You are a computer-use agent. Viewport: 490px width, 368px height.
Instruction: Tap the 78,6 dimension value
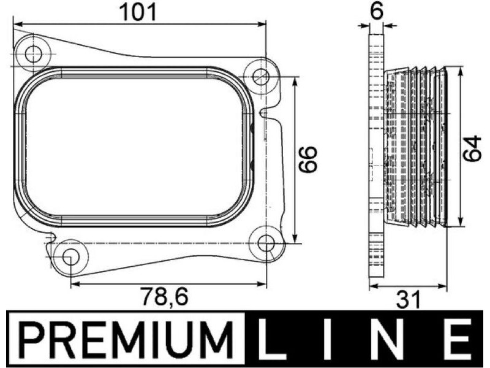click(165, 296)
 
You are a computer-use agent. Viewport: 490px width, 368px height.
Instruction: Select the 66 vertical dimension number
click(307, 159)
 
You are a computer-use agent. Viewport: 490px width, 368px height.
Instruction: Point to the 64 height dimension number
click(472, 148)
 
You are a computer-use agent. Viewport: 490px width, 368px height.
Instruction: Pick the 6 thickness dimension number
click(377, 11)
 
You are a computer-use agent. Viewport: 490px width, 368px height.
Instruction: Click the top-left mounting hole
click(33, 54)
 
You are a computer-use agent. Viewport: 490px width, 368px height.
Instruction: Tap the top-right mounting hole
click(261, 76)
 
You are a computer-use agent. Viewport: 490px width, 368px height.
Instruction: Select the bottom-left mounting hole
click(71, 257)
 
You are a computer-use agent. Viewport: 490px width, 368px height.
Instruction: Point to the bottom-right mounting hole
click(266, 243)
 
